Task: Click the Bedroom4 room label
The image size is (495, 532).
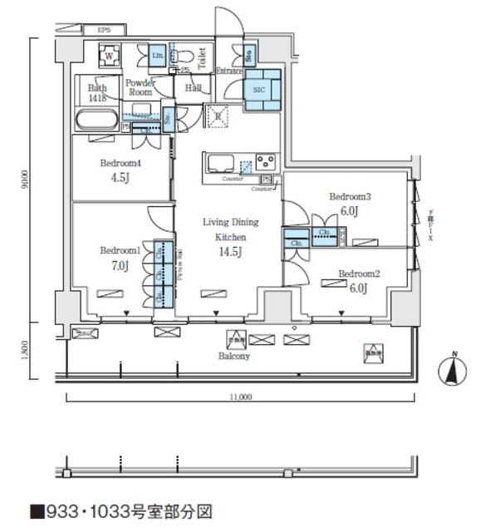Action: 122,163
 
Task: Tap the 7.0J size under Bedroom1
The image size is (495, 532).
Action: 120,266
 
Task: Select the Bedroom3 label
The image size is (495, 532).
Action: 349,197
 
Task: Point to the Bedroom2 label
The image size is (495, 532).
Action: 359,273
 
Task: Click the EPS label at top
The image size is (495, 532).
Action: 104,30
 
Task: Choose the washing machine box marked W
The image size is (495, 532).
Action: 108,57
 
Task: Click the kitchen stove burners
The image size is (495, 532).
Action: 266,160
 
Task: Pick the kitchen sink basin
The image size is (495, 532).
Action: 222,161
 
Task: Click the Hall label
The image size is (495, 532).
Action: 194,87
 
